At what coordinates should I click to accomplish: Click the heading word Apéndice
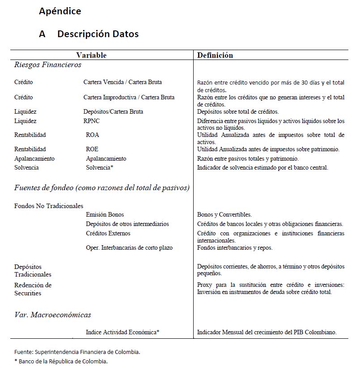point(60,11)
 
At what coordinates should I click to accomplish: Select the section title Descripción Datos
point(97,34)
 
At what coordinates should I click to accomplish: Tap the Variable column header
point(91,55)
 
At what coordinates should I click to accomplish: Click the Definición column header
point(215,55)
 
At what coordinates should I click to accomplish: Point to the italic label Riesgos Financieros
point(48,65)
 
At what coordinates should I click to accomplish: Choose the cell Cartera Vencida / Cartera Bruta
point(123,82)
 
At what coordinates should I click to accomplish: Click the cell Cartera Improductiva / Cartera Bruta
point(129,98)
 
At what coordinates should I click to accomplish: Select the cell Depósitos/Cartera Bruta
point(113,112)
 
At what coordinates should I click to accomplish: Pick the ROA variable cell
point(92,135)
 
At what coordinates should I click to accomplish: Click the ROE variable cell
point(92,149)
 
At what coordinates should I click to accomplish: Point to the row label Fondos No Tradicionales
point(49,206)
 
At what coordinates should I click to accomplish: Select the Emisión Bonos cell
point(105,215)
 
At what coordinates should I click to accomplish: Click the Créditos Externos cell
point(108,234)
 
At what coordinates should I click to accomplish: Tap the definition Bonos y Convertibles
point(224,215)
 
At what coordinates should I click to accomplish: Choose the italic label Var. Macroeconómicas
point(52,315)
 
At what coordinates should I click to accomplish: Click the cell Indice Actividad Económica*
point(123,332)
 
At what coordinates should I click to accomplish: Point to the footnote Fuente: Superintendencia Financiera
point(77,352)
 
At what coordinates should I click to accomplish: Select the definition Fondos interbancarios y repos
point(234,248)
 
